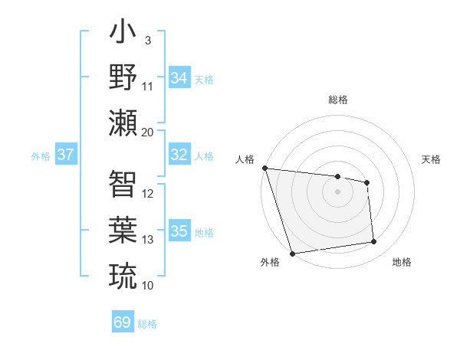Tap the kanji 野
tap(123, 79)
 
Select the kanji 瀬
tap(123, 123)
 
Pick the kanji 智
tap(123, 184)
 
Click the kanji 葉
tap(123, 230)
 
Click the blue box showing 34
tap(179, 78)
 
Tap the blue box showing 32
tap(179, 155)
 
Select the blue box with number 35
tap(179, 231)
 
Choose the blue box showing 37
tap(65, 155)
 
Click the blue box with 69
tap(122, 322)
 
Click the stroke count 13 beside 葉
tap(148, 240)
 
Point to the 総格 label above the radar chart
tap(337, 100)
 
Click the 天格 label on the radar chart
tap(431, 159)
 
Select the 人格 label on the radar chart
tap(245, 159)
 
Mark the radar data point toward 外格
tap(292, 254)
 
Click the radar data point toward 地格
tap(374, 242)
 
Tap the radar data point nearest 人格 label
tap(264, 168)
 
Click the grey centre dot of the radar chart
tap(337, 191)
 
